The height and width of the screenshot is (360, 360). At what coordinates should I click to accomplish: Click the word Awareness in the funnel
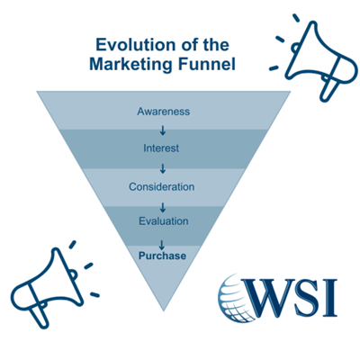pos(163,112)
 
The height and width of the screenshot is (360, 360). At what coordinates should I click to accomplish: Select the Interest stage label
pos(163,148)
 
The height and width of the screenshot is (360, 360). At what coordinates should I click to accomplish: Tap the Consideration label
pos(163,186)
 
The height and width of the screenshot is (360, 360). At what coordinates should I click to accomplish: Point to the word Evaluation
pos(163,220)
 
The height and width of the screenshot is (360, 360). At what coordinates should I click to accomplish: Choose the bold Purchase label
pos(163,256)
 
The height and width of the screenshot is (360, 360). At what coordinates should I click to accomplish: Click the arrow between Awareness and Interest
pos(163,130)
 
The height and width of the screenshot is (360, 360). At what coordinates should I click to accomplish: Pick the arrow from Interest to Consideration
pos(163,167)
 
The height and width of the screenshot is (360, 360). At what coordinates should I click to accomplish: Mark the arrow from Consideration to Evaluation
pos(163,204)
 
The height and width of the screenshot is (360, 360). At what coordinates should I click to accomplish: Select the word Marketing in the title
pos(132,64)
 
